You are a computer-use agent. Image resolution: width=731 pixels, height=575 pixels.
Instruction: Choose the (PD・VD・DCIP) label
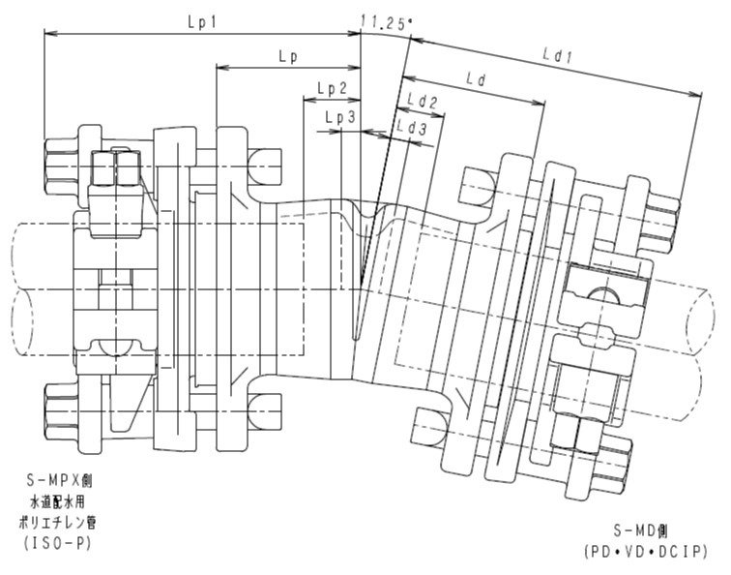pyautogui.click(x=645, y=552)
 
